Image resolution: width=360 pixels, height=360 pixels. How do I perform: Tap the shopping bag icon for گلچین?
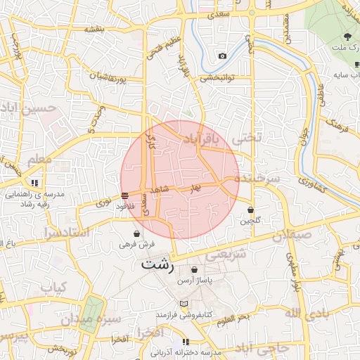(x=251, y=209)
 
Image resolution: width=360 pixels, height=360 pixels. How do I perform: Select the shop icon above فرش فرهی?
(x=136, y=233)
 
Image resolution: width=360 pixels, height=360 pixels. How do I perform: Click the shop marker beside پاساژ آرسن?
(x=195, y=269)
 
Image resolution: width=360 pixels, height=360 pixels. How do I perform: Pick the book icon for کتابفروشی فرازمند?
(x=184, y=304)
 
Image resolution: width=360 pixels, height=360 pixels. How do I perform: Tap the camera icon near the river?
(x=223, y=56)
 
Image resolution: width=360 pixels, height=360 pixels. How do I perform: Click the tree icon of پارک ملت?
(x=348, y=36)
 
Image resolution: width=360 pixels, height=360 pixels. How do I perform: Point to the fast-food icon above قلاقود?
(x=124, y=195)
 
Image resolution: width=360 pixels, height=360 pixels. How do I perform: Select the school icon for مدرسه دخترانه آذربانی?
(x=186, y=342)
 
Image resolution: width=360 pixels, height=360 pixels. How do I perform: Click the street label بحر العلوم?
(x=233, y=321)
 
